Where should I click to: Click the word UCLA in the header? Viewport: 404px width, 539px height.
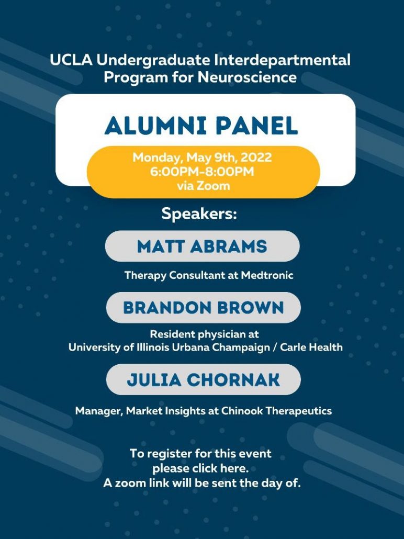click(71, 60)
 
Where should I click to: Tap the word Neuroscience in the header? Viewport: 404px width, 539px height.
click(247, 77)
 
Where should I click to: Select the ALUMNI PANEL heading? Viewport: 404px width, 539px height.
click(201, 126)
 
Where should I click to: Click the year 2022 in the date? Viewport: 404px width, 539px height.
click(256, 158)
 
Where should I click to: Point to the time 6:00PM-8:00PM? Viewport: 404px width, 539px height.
click(202, 171)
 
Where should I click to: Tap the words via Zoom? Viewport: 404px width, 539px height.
click(203, 186)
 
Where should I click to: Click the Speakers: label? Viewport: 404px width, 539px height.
click(199, 214)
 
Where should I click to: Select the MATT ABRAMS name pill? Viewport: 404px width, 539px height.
click(202, 246)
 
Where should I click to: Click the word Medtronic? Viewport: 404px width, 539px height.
click(267, 275)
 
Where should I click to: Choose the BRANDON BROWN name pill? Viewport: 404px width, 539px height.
click(203, 308)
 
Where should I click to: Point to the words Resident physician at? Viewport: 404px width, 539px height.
click(204, 334)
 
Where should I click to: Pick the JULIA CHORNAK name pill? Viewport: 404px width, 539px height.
click(203, 379)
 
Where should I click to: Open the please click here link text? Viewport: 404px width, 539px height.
click(200, 468)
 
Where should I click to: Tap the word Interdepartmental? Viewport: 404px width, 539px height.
click(282, 60)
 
